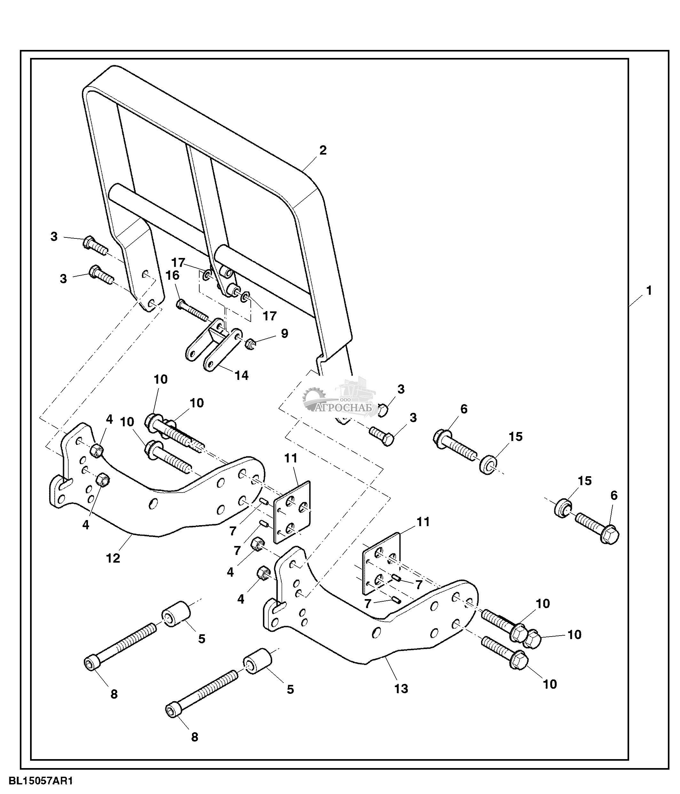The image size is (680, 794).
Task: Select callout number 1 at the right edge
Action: [x=649, y=291]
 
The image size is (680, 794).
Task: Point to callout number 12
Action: [x=113, y=558]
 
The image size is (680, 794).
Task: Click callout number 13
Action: [x=401, y=689]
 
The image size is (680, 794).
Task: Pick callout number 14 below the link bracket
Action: [x=241, y=375]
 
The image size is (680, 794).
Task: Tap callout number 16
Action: [x=172, y=275]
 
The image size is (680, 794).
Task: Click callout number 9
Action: [x=284, y=333]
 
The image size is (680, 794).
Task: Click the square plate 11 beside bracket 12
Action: [x=292, y=512]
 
